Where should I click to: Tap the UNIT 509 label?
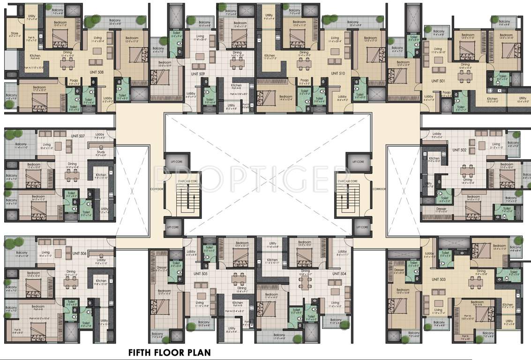pos(198,74)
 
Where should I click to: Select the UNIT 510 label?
pos(338,73)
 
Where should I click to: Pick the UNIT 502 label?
pos(459,150)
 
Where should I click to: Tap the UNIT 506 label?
pos(79,254)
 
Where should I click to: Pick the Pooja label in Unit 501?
pos(446,93)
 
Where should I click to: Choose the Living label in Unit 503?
pos(438,310)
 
